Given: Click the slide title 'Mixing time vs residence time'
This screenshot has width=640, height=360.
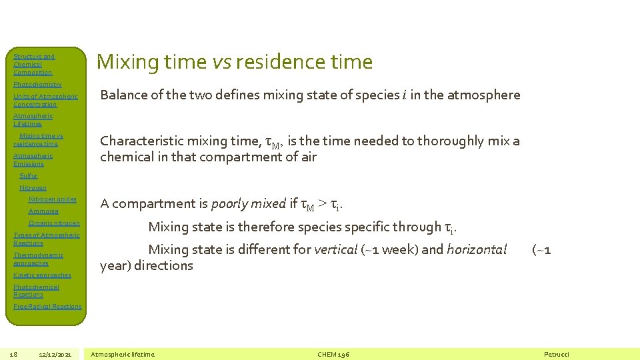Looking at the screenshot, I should (x=235, y=62).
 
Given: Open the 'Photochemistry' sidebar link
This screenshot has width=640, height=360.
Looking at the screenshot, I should (x=37, y=85).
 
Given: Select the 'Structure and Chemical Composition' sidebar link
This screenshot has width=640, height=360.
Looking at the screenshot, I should (x=34, y=65).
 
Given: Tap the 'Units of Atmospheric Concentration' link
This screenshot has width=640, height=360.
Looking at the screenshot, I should (x=45, y=100).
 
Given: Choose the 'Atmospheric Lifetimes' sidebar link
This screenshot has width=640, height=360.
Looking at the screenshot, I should (x=33, y=119).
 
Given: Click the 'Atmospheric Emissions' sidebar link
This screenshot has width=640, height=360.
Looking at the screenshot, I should (x=33, y=159).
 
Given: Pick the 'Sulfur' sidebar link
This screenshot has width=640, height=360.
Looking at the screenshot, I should (x=29, y=176).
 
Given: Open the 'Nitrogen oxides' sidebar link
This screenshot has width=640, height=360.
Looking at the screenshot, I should (x=52, y=199).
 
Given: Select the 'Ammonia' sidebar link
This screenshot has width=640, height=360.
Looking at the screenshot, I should (x=43, y=211).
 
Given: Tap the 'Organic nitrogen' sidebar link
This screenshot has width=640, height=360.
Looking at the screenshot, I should (x=54, y=223).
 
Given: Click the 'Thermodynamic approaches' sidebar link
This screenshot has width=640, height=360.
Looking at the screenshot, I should (x=38, y=259).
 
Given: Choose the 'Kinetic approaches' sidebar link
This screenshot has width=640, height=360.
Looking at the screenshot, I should (x=42, y=275).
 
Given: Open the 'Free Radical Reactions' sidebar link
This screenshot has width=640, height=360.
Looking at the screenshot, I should (x=47, y=307).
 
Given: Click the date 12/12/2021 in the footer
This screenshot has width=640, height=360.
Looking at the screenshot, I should (x=55, y=354).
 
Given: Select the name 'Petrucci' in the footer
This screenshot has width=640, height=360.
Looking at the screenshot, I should (x=557, y=354).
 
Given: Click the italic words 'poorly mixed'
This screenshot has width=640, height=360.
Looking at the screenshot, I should (x=249, y=204).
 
